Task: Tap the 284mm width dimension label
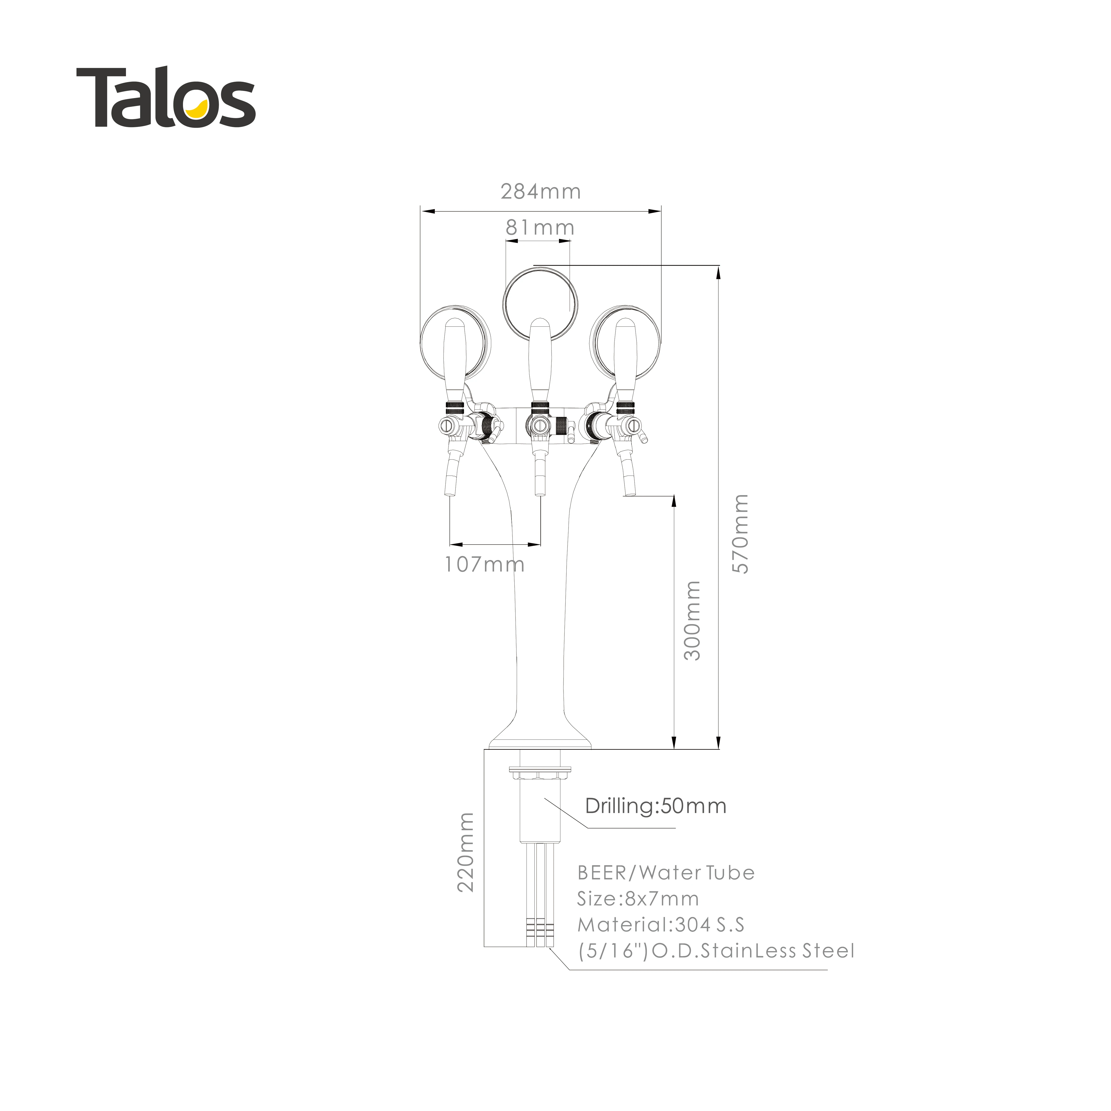point(541,192)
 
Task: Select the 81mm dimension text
point(540,228)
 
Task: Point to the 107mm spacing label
point(484,564)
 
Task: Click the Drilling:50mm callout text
point(656,806)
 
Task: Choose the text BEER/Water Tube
point(665,873)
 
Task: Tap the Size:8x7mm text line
point(638,899)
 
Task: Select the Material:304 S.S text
point(661,925)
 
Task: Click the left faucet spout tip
point(450,492)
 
